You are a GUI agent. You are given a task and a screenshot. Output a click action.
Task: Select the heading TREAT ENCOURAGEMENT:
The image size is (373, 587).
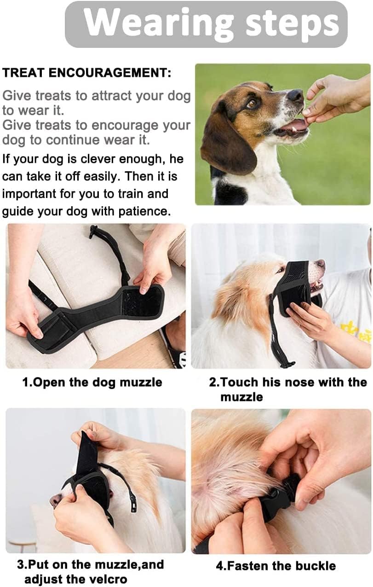pyautogui.click(x=86, y=73)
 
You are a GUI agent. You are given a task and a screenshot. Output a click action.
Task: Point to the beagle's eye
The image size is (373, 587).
pyautogui.click(x=252, y=104)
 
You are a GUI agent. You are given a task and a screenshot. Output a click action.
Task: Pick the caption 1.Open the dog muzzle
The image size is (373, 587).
pyautogui.click(x=92, y=382)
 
